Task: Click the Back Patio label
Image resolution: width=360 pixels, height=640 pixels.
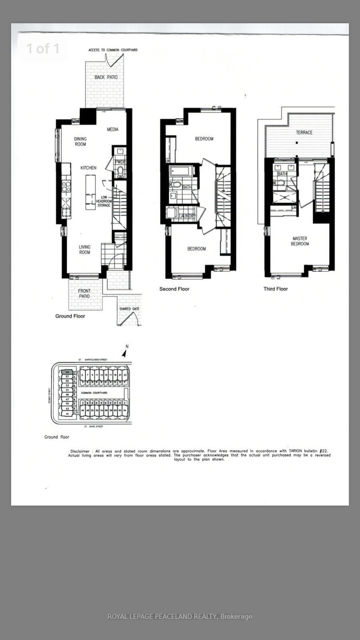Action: (106, 77)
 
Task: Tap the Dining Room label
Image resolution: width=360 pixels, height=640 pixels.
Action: (80, 142)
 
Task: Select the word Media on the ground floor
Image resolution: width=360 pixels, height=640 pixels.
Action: (112, 130)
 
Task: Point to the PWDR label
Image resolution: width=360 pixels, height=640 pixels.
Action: (120, 161)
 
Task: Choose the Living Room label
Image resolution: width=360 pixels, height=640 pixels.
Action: (85, 249)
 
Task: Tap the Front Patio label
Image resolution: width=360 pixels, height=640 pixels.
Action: (84, 293)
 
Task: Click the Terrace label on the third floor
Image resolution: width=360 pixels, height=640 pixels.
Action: (304, 132)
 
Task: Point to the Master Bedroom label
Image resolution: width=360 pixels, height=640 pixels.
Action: (300, 241)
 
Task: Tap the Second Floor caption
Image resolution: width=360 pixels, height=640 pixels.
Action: (174, 289)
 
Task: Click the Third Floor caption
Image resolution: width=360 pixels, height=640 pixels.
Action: (276, 289)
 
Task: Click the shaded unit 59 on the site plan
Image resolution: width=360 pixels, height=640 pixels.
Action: (67, 373)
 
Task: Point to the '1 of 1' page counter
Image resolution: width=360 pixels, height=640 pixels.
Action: (42, 49)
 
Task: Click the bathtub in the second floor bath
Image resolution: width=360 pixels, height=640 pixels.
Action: (182, 171)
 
